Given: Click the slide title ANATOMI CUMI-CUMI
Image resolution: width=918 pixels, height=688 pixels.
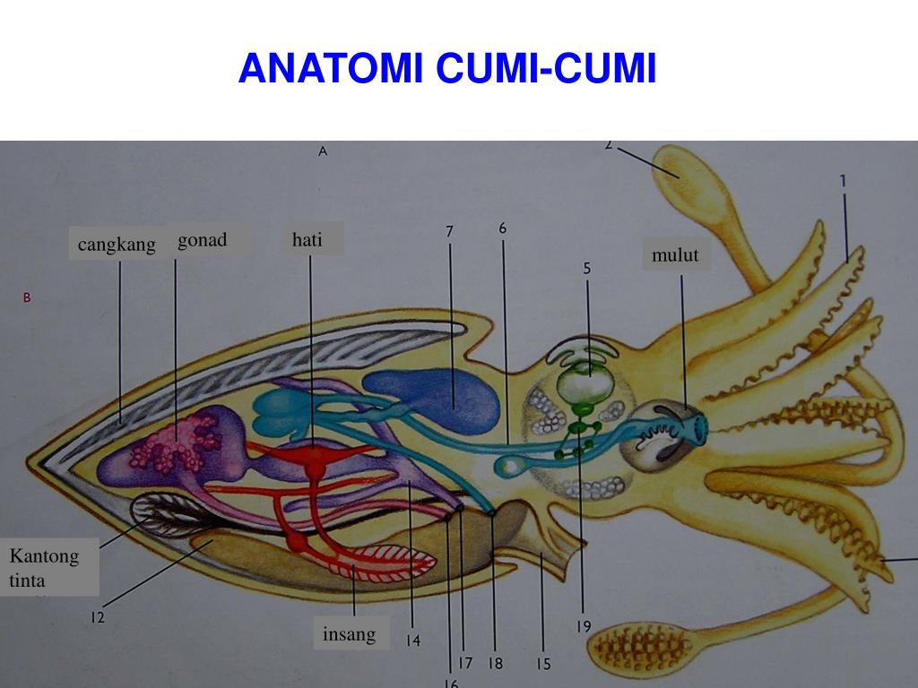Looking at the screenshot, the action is click(x=447, y=69).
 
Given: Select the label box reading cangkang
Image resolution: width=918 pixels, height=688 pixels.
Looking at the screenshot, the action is click(x=117, y=244).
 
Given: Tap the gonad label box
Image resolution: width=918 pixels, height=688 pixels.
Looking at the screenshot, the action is click(x=203, y=240).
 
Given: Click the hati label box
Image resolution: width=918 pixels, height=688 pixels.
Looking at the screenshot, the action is click(x=307, y=239).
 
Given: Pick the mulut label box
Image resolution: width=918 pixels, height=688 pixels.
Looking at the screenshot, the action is click(x=675, y=255).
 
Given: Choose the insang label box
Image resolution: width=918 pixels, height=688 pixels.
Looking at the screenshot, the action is click(x=350, y=634).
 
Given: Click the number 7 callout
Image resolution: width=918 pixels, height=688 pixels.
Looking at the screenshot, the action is click(x=450, y=231).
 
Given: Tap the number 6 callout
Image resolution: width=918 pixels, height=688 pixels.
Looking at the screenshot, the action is click(x=503, y=228).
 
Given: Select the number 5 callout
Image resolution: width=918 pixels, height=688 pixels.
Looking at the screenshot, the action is click(x=587, y=268).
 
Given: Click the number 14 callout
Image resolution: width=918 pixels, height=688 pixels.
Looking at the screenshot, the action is click(x=412, y=641).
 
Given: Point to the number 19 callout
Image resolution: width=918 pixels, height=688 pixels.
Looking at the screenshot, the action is click(x=584, y=627).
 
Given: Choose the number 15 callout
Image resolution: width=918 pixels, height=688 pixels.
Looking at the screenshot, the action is click(x=543, y=664).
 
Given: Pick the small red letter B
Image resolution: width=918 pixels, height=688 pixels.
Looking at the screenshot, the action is click(x=27, y=298).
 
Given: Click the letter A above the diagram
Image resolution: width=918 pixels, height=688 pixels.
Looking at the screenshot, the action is click(x=323, y=152).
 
